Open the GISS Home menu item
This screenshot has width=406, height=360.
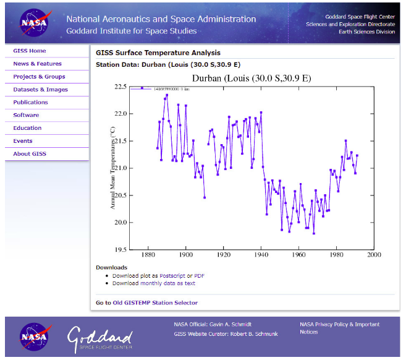tap(30, 51)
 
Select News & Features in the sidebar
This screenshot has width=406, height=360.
tap(37, 64)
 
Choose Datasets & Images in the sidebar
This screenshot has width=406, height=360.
tap(40, 90)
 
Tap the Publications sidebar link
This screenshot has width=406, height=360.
tap(30, 102)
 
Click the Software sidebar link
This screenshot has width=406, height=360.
tap(26, 115)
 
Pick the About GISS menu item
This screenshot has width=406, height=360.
tap(30, 153)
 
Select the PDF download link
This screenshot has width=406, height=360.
tap(199, 275)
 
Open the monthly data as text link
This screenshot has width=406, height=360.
tap(168, 283)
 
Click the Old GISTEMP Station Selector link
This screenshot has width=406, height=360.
tap(156, 302)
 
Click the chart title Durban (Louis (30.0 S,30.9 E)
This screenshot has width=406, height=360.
tap(251, 79)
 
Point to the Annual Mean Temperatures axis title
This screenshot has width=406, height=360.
tap(112, 168)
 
